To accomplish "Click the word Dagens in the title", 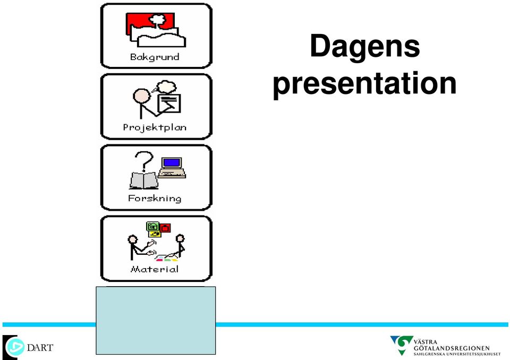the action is point(365,47).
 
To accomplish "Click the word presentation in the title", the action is point(364,83).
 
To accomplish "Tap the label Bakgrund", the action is point(155,57).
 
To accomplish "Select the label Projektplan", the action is point(155,127).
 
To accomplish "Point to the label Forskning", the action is point(155,199).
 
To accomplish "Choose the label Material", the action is point(155,269).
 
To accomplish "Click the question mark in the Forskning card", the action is point(144,161).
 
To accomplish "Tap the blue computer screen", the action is point(172,162).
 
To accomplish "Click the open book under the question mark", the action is point(144,181).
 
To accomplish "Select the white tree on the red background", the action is point(157,21).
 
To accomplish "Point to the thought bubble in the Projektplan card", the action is point(166,87).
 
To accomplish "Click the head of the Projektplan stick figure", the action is point(141,97).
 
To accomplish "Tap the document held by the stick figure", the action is point(169,103).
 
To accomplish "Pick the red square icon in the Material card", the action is point(165,228).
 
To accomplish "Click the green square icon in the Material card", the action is point(152,226).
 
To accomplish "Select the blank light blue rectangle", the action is point(156,320).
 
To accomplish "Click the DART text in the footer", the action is point(40,348).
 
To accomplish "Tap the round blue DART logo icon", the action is point(15,347).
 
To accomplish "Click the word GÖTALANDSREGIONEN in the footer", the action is point(452,348).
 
